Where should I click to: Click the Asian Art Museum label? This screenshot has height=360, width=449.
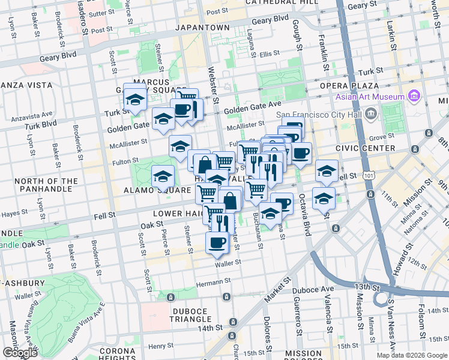coord(370,97)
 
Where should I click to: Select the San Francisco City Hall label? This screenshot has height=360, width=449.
coord(318,115)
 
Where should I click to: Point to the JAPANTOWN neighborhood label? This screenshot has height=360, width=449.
coord(202,28)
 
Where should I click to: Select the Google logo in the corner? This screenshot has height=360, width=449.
coord(20,353)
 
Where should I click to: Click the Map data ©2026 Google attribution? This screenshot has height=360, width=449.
coord(412,355)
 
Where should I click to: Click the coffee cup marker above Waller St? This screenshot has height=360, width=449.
coord(217,242)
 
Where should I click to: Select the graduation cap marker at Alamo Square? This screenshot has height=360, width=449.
coord(163,176)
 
